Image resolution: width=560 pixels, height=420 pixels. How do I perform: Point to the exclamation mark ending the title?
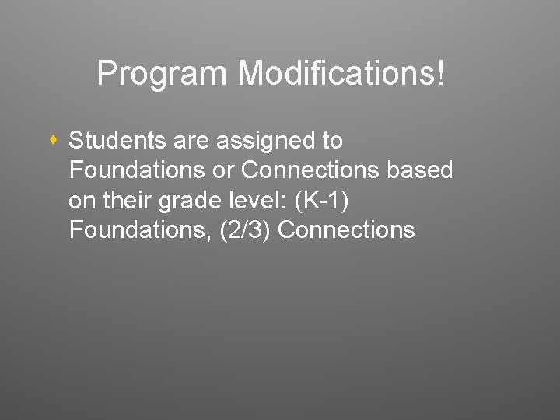coord(443,75)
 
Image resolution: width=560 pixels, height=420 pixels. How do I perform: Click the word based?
coord(424,171)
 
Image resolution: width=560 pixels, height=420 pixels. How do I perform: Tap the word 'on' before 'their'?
coord(81,201)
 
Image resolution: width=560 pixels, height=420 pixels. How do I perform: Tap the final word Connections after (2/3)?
coord(345,230)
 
